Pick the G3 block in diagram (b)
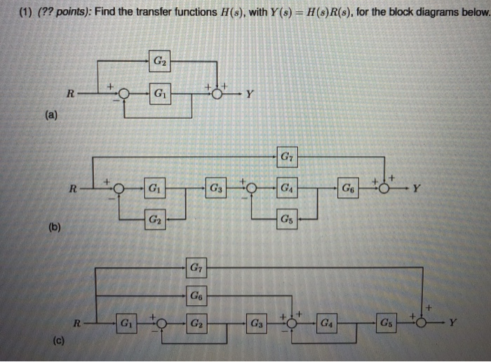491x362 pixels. (x=217, y=188)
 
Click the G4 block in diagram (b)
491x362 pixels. (x=286, y=188)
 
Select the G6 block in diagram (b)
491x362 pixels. (x=349, y=188)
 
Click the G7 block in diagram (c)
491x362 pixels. (x=196, y=267)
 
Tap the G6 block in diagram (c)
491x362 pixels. (x=196, y=296)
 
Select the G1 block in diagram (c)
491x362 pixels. (x=126, y=324)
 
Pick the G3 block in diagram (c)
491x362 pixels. (x=257, y=324)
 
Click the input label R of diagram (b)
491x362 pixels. (x=71, y=188)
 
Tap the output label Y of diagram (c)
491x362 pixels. (x=453, y=324)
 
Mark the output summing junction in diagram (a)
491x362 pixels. (x=217, y=93)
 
